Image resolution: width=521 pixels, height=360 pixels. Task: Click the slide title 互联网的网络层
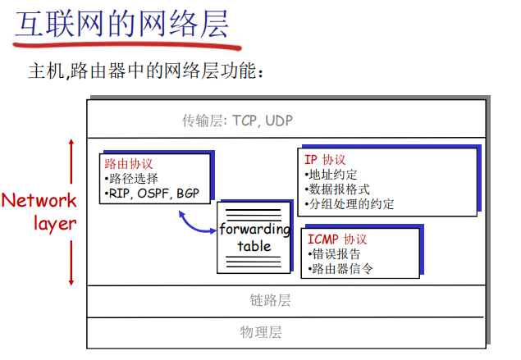coord(121,25)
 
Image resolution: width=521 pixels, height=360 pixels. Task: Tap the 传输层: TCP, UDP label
coord(237,121)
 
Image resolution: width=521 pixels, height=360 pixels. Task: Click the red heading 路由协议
coord(129,163)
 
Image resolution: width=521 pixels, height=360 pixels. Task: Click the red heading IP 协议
coord(325,159)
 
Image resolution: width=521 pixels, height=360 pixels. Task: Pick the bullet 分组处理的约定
coord(349,203)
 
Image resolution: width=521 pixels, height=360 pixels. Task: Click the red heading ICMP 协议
coord(337,239)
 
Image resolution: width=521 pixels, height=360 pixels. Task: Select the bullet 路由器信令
coord(340,268)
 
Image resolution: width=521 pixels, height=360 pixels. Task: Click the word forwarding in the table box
coord(254,229)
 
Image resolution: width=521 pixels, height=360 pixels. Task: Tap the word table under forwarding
coord(254,246)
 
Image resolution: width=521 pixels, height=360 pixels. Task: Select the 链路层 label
coord(270,300)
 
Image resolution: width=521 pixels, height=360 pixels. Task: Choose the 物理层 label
coord(262,332)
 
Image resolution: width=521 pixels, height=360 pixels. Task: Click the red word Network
coord(39,200)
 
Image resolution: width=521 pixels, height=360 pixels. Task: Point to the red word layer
coord(56,223)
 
